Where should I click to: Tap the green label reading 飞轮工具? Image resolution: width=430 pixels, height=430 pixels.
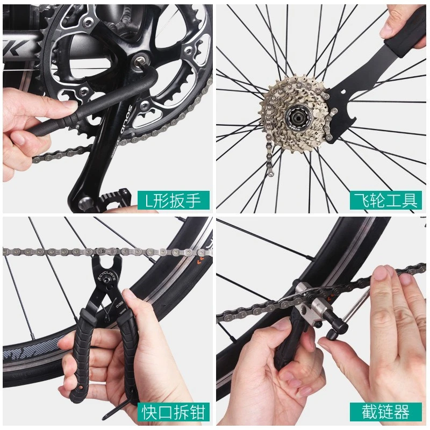tap(385, 200)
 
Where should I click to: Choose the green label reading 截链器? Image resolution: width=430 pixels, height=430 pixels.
tap(385, 412)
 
